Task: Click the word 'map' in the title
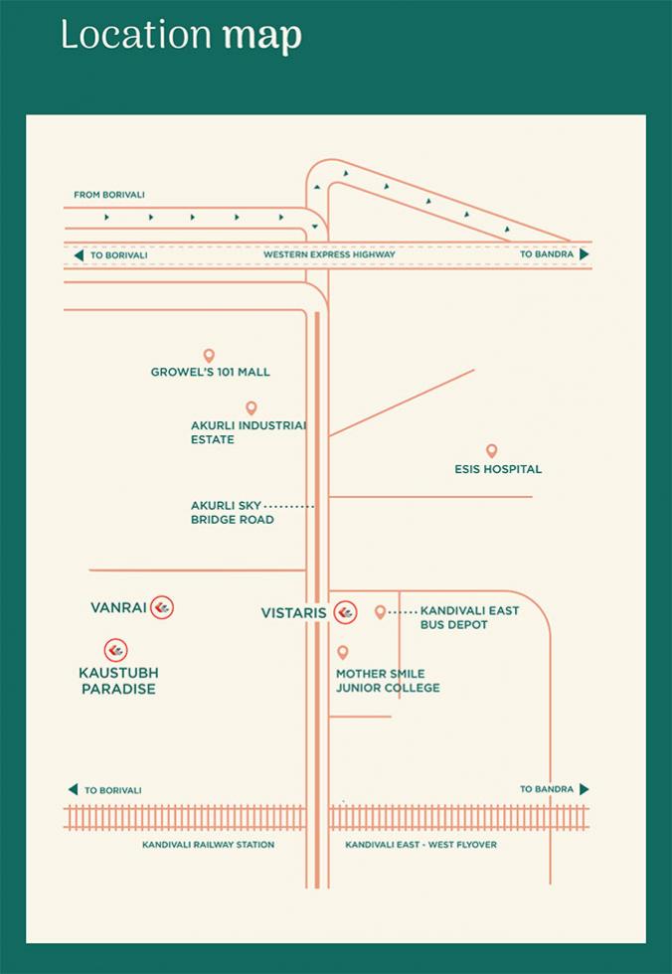click(x=262, y=37)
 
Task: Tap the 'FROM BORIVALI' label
click(x=109, y=195)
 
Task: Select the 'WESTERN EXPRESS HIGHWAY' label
click(x=329, y=254)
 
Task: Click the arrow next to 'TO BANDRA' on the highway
click(x=584, y=254)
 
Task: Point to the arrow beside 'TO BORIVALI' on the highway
click(x=79, y=255)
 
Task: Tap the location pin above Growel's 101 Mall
click(x=209, y=356)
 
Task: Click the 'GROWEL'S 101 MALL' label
click(x=211, y=372)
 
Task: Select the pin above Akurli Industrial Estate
click(x=251, y=408)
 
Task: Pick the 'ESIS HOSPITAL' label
click(x=498, y=469)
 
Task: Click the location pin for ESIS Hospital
click(x=491, y=451)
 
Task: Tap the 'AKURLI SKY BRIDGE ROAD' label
click(x=233, y=513)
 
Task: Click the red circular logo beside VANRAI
click(x=162, y=607)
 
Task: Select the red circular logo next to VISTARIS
click(x=345, y=613)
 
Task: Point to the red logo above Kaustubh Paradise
click(x=115, y=650)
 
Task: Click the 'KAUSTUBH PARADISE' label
click(x=118, y=681)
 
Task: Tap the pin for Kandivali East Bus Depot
click(x=380, y=612)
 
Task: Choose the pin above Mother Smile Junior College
click(x=342, y=652)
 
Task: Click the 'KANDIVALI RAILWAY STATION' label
click(x=208, y=845)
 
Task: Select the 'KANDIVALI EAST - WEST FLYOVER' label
click(x=421, y=845)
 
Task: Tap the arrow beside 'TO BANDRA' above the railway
click(x=584, y=789)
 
